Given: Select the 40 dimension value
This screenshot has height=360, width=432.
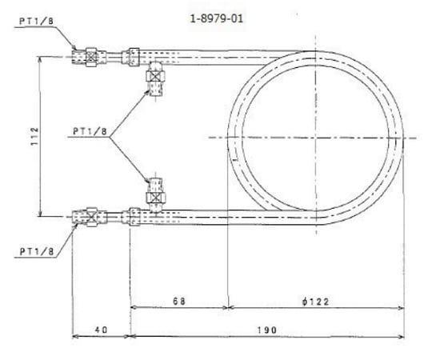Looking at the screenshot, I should (101, 329).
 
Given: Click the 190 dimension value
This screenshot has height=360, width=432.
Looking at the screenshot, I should (266, 329).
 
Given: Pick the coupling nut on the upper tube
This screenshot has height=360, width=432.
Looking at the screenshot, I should (131, 56).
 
